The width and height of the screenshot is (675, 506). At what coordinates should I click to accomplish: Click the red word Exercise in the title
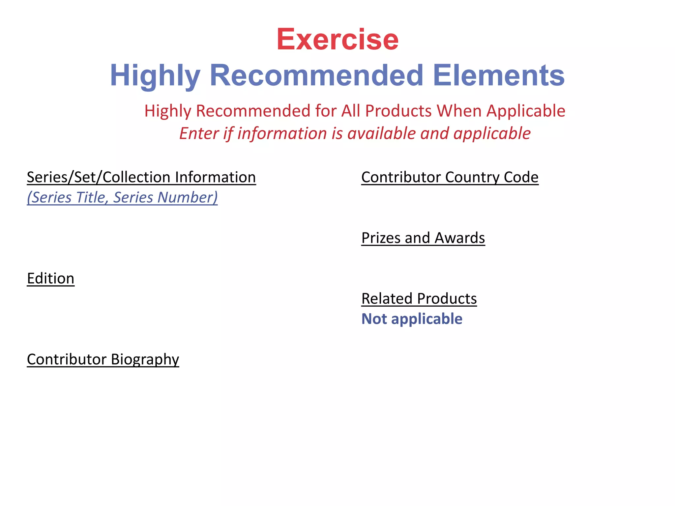(337, 40)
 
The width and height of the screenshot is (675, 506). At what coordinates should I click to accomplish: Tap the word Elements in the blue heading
(499, 75)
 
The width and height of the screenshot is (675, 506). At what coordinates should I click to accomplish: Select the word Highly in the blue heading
(155, 75)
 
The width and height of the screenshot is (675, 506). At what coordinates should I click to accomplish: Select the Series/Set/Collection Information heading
(141, 177)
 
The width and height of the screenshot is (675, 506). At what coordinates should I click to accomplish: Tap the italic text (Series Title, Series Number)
(122, 197)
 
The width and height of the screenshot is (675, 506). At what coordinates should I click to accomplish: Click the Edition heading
(51, 278)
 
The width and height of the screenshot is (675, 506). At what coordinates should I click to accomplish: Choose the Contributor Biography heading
(103, 359)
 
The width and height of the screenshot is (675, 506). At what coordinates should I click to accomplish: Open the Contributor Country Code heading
(450, 177)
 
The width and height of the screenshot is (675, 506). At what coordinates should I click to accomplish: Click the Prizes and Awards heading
(423, 238)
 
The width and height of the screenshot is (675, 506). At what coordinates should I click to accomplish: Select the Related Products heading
(419, 298)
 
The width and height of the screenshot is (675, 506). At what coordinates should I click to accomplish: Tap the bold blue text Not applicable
(412, 319)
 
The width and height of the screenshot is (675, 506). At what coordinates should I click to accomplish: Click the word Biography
(145, 359)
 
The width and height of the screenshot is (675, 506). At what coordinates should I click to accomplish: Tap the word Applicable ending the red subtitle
(526, 111)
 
